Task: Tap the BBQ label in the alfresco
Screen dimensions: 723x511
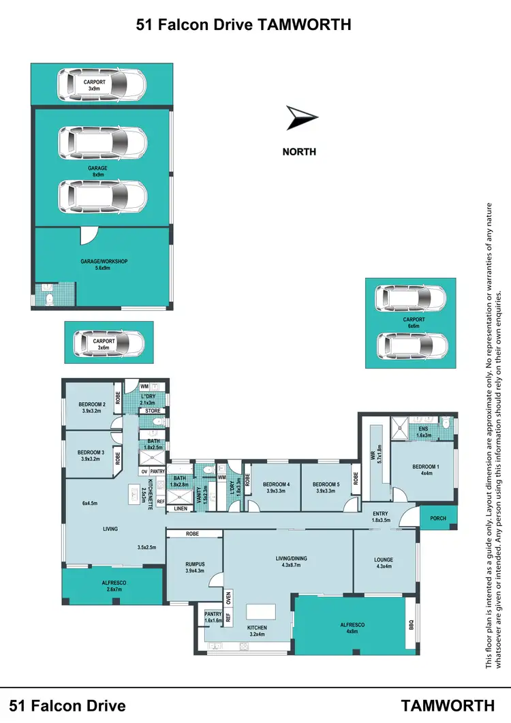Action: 411,624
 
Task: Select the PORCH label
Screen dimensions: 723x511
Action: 437,519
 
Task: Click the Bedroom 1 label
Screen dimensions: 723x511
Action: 427,470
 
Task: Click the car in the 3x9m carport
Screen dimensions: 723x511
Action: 102,85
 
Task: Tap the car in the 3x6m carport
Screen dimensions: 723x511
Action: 109,344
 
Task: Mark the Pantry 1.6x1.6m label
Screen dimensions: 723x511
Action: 213,617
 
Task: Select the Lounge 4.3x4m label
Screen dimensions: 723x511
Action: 384,564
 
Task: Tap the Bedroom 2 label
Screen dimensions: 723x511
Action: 90,407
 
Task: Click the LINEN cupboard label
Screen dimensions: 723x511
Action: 181,508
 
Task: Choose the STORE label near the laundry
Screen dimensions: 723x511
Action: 153,411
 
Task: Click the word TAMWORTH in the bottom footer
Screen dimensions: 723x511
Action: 448,705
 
